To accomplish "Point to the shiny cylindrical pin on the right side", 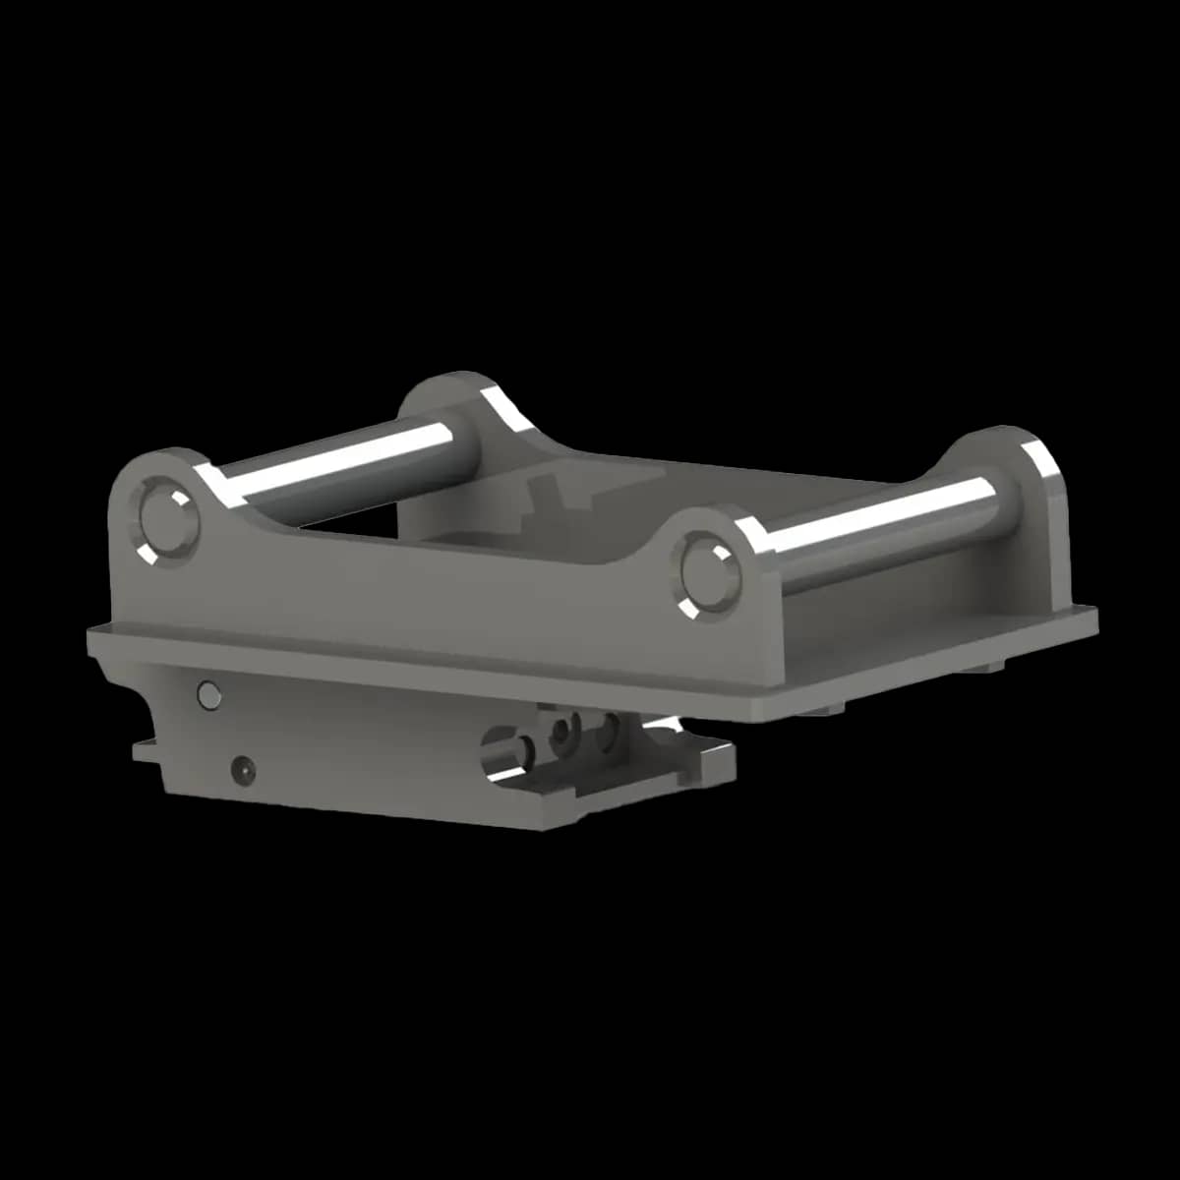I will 875,526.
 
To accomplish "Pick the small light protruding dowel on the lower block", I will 208,694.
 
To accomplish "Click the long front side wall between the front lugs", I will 423,580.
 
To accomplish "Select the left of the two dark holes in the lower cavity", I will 563,730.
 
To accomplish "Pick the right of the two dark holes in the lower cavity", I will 610,728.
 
